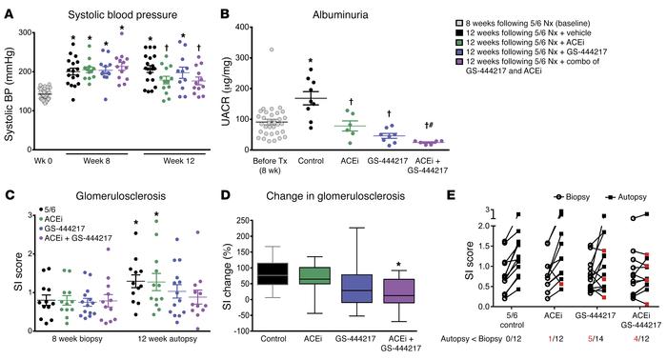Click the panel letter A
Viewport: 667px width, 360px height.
pos(8,10)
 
